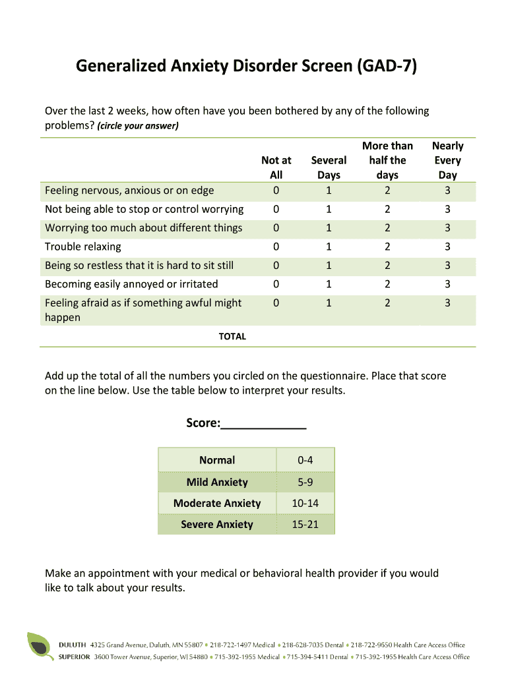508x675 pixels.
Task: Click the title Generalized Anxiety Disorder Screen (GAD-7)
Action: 246,67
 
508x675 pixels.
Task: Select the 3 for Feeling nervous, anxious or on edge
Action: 447,191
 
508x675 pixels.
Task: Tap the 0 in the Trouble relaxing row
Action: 276,247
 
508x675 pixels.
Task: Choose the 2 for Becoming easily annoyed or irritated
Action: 387,284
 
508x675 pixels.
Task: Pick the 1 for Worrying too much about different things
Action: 329,228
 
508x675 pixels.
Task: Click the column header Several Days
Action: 329,167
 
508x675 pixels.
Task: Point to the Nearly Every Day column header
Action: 447,160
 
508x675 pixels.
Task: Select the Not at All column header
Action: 276,167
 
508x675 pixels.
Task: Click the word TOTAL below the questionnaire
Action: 232,336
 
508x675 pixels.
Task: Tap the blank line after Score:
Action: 263,423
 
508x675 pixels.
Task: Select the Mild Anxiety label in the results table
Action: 217,482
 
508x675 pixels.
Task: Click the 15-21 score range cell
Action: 305,524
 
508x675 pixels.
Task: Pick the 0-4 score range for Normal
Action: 305,460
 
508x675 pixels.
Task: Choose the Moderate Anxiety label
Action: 217,503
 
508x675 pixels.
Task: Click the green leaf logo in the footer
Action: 40,646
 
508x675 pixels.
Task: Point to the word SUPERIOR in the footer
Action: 75,657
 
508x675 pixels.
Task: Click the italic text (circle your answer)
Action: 138,125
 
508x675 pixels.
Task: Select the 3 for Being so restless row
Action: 447,266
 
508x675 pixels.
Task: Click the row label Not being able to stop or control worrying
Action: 144,209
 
